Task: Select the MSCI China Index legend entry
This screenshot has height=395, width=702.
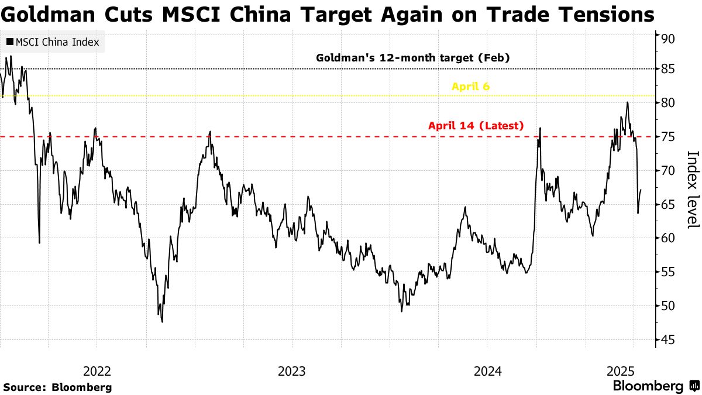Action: click(53, 42)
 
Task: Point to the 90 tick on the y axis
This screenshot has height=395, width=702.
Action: click(669, 39)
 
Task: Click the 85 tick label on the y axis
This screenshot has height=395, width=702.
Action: click(669, 70)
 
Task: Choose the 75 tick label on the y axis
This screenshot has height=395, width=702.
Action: click(669, 137)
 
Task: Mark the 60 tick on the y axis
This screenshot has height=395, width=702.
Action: click(669, 238)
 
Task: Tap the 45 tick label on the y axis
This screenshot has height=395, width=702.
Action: click(669, 339)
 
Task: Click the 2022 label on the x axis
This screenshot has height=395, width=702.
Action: click(97, 371)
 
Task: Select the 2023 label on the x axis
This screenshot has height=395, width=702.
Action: click(292, 371)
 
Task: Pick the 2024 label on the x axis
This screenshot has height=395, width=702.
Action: click(487, 371)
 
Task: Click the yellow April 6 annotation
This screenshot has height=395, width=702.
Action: click(470, 87)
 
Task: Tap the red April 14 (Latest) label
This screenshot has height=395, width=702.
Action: click(476, 125)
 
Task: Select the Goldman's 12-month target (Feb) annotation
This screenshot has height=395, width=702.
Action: click(413, 58)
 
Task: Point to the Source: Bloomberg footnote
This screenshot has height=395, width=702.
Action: click(57, 387)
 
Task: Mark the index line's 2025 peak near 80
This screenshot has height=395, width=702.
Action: click(628, 102)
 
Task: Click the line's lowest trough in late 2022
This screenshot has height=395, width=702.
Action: click(161, 321)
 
